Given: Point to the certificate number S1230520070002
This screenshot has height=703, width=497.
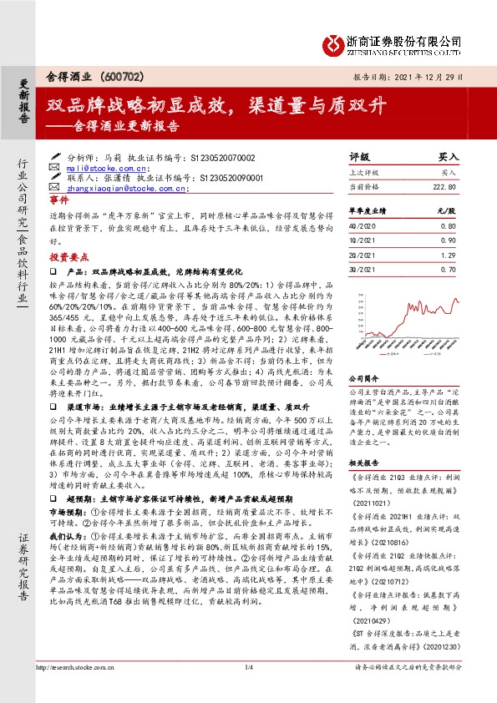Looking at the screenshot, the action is [x=226, y=157].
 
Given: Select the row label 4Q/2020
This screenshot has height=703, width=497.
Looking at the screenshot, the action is [x=360, y=225].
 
